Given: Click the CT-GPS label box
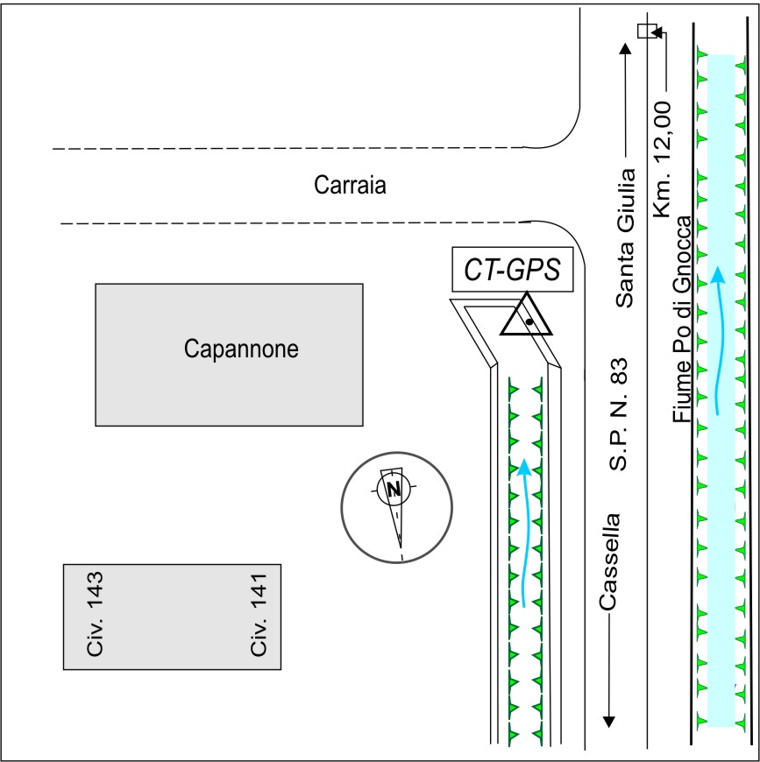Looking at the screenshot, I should [513, 270].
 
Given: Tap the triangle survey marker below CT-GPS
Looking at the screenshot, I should [527, 317].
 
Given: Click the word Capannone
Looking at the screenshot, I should [241, 349].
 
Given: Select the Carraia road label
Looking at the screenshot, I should [350, 186].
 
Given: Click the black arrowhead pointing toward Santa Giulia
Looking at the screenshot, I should [625, 48].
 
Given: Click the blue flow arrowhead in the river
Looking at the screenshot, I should [718, 275].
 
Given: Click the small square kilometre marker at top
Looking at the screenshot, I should [645, 32].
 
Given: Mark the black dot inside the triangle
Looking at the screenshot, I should [529, 322].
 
